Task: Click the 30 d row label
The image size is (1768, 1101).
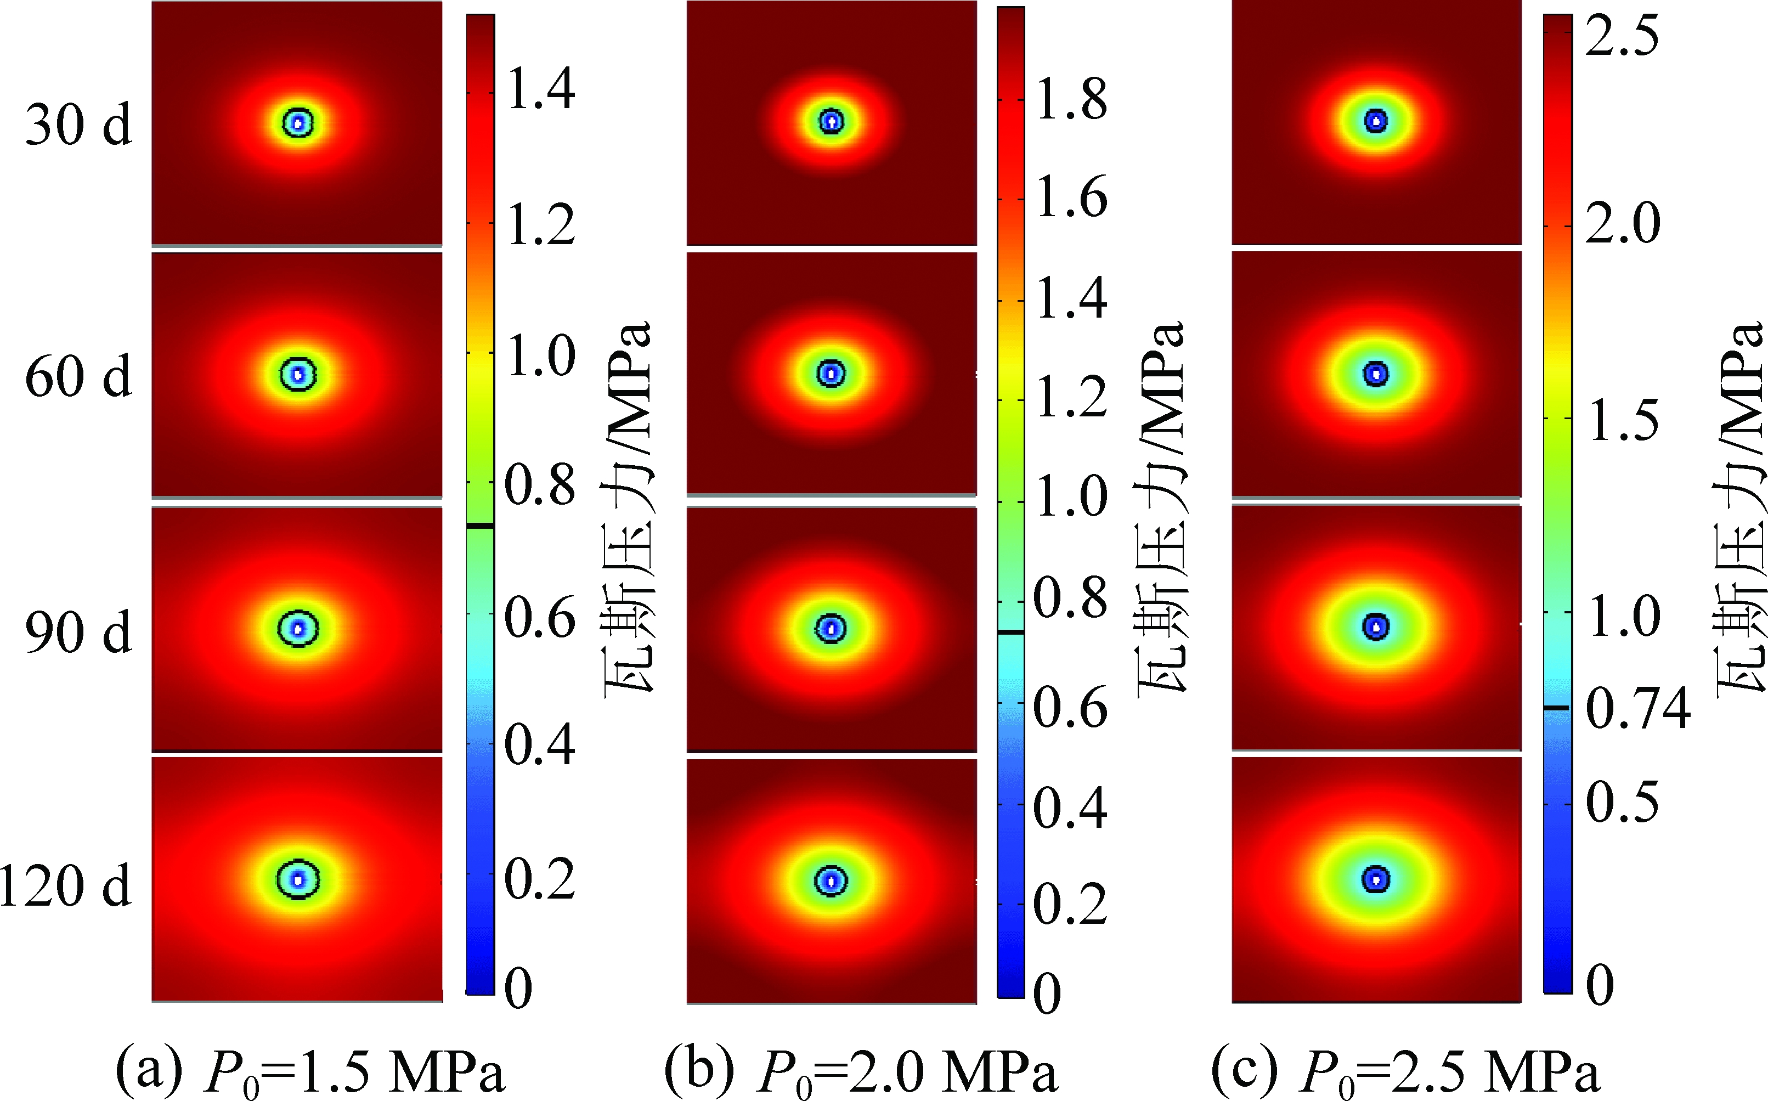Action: coord(78,124)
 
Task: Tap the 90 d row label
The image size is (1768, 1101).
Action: coord(78,631)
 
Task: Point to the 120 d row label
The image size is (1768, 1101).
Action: coord(65,885)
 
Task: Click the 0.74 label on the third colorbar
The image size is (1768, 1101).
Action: coord(1637,709)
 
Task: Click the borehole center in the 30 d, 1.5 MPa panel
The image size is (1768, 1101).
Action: coord(297,123)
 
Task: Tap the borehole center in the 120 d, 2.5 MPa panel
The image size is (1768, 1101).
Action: coord(1376,879)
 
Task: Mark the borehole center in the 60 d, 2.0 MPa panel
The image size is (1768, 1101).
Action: coord(831,374)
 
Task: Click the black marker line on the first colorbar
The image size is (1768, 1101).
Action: coord(480,525)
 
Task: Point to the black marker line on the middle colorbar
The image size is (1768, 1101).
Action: coord(1010,633)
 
